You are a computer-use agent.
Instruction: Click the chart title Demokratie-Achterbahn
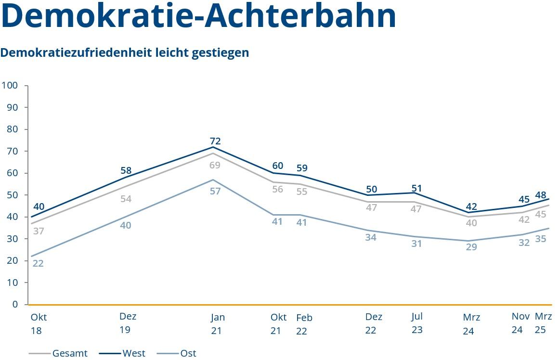(198, 15)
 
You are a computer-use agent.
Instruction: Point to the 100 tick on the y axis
(10, 86)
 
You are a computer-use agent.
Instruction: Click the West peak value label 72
(215, 141)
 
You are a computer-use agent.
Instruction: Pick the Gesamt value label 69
(215, 165)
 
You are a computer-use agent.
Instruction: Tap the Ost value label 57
(215, 191)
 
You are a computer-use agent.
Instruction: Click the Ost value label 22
(38, 263)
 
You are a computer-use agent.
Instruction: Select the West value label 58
(126, 170)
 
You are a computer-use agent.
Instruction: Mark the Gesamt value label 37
(39, 231)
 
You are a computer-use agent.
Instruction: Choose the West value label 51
(417, 188)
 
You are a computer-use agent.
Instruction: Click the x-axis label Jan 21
(218, 324)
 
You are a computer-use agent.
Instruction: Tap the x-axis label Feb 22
(304, 324)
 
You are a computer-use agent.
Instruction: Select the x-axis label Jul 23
(417, 323)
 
